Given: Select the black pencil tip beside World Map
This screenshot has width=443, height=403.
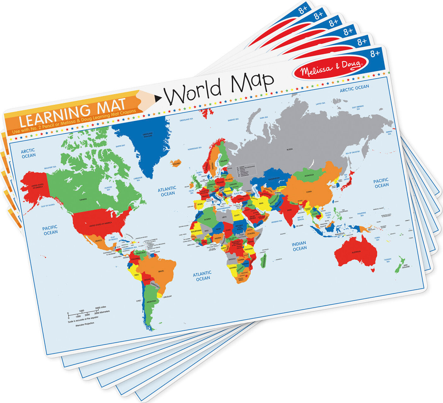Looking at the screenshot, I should (x=158, y=99).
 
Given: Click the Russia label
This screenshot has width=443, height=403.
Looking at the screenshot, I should (x=289, y=149).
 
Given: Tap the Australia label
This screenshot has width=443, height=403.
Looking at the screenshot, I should (x=356, y=252).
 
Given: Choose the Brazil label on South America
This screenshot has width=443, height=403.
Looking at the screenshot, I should (x=161, y=271).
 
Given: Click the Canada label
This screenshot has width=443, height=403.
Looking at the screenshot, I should (x=83, y=199).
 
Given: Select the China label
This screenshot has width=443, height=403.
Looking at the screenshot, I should (x=309, y=191).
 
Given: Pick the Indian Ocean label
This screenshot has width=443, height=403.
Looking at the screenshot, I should (x=299, y=246).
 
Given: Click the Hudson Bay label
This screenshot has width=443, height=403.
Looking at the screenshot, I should (x=108, y=189).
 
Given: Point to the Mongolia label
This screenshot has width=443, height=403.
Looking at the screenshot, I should (x=309, y=175).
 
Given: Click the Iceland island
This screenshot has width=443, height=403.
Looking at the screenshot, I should (x=176, y=163).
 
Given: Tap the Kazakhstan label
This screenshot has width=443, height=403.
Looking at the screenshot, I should (x=274, y=178).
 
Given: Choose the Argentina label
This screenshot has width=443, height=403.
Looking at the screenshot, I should (x=151, y=301).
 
